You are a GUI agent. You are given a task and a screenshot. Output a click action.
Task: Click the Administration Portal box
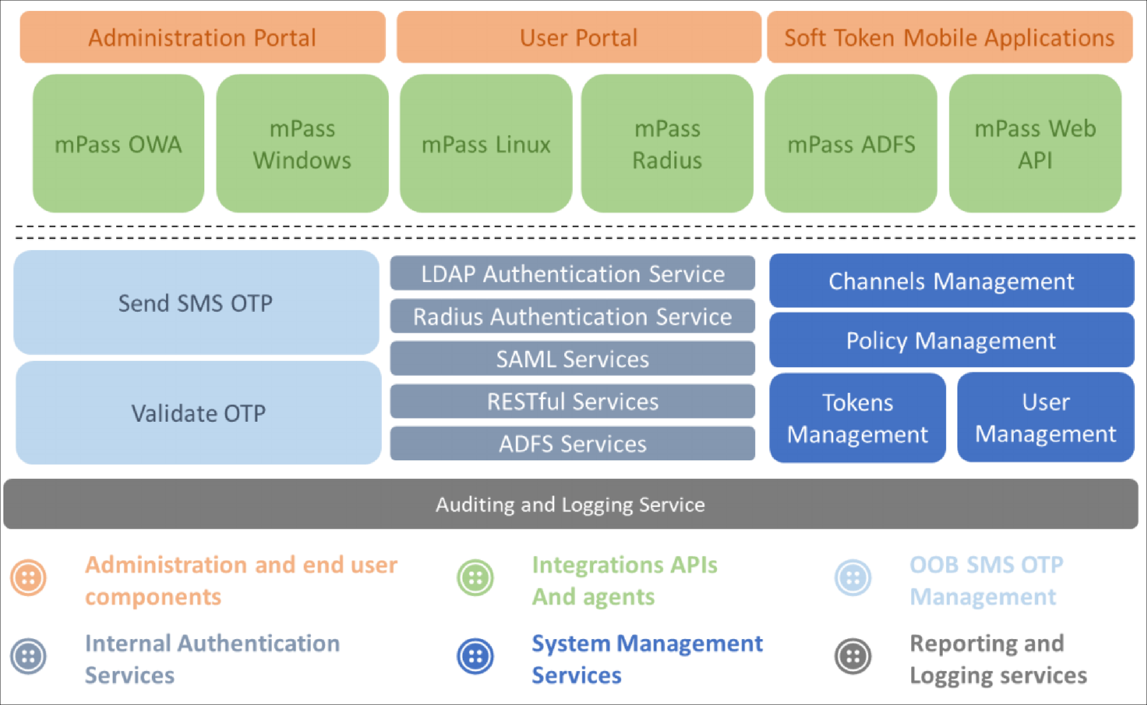coord(203,37)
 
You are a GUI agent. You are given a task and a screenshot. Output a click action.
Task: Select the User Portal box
coord(579,37)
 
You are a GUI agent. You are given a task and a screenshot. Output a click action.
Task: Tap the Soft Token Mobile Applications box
coord(950,37)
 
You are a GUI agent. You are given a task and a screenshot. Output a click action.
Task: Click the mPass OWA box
coord(118,144)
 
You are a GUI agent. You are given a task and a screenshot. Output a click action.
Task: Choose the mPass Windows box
coord(302,144)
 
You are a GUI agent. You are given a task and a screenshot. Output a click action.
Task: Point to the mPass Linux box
coord(486,144)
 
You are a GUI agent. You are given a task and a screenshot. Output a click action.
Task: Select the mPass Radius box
coord(667,144)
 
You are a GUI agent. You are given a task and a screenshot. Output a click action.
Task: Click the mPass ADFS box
coord(851,144)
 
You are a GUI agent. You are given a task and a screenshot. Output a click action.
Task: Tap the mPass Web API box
coord(1035,144)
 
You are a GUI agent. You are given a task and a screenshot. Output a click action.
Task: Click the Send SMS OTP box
coord(196,303)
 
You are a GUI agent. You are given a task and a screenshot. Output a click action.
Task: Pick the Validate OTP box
coord(198,413)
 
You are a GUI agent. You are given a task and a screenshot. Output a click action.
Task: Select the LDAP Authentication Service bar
coord(573,273)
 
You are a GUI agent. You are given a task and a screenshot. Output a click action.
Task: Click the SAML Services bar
coord(573,358)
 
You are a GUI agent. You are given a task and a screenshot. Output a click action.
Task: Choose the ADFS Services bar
coord(573,444)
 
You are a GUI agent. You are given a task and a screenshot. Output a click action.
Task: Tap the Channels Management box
coord(952,281)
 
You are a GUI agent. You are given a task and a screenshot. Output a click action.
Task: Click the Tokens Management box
coord(858,418)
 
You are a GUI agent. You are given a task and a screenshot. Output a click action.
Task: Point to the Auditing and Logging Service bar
coord(571,504)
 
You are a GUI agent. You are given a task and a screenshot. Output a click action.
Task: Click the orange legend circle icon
coord(29,578)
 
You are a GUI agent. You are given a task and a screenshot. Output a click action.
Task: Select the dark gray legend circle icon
coord(853,656)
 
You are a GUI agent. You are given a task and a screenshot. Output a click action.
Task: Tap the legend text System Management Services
coord(647,659)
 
